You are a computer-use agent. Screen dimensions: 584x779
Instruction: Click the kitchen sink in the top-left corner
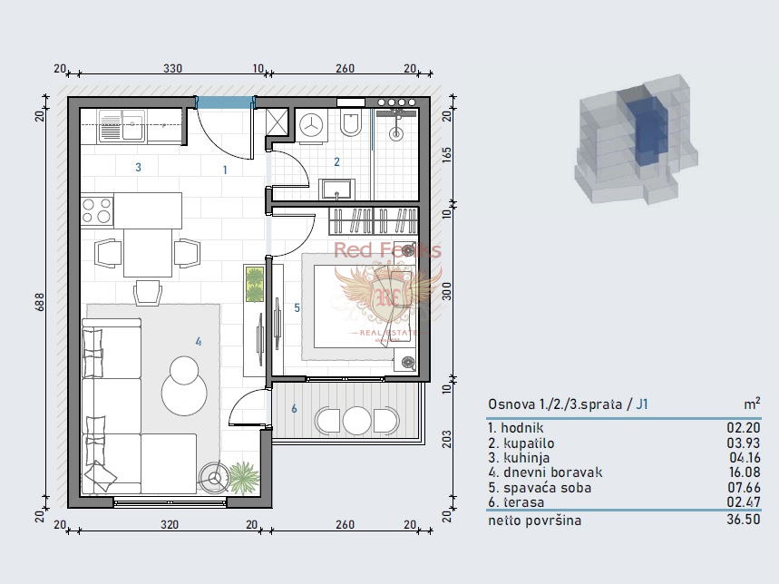click(x=122, y=125)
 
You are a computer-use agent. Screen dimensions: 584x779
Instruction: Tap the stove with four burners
click(x=96, y=210)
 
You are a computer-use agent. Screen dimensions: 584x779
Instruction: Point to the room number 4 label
click(x=198, y=341)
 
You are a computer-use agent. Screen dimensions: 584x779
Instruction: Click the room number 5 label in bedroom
click(x=297, y=307)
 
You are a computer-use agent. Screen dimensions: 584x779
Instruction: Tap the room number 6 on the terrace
click(x=294, y=409)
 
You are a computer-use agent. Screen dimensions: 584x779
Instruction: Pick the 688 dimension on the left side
click(x=40, y=306)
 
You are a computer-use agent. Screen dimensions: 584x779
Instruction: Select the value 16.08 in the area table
click(x=741, y=472)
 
